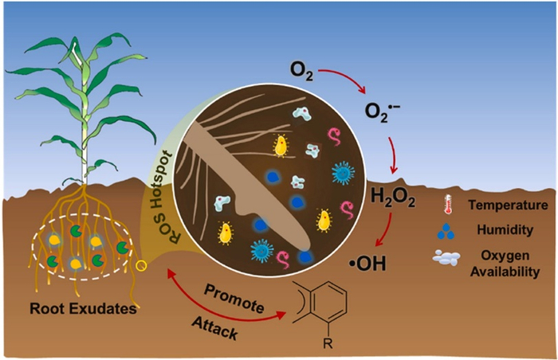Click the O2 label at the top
pyautogui.click(x=302, y=76)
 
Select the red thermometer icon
pyautogui.click(x=442, y=204)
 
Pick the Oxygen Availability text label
pyautogui.click(x=500, y=264)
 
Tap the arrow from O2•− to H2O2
pyautogui.click(x=393, y=156)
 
